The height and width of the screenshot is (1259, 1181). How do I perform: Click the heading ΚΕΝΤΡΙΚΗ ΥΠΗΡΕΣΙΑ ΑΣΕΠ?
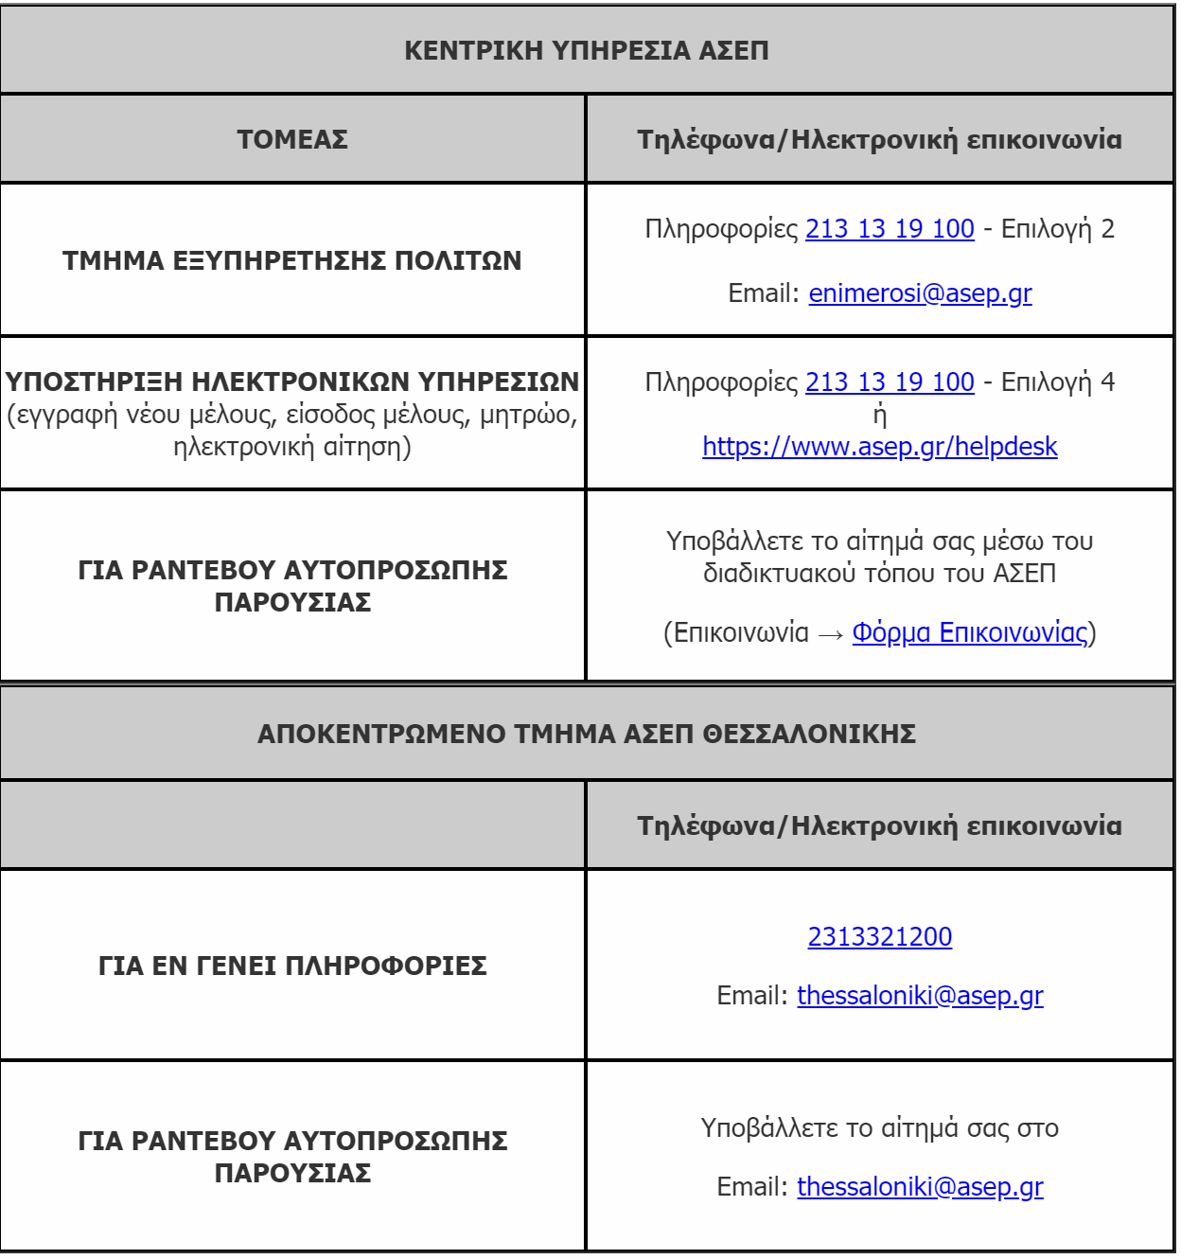(x=586, y=50)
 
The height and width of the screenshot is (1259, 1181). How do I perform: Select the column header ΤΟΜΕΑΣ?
(x=292, y=139)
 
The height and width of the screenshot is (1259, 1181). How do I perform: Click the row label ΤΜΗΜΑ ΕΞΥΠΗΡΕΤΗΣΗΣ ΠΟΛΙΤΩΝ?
(x=292, y=260)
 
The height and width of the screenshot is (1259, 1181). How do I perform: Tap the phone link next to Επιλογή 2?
(x=890, y=229)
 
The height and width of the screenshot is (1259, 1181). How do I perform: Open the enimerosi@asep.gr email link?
(x=920, y=293)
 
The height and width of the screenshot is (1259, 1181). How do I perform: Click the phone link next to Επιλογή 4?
(x=890, y=382)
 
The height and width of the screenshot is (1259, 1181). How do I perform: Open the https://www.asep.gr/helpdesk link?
(x=879, y=447)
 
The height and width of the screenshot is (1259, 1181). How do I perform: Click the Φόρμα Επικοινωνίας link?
(x=970, y=632)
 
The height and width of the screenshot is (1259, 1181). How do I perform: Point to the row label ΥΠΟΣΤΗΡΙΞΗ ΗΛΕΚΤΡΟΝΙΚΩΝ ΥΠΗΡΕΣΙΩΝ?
(x=292, y=381)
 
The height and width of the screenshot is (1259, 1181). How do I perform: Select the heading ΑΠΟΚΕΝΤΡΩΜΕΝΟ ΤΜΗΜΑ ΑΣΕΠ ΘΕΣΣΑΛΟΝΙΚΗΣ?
(x=586, y=734)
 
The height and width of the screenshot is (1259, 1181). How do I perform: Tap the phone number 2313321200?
(x=879, y=937)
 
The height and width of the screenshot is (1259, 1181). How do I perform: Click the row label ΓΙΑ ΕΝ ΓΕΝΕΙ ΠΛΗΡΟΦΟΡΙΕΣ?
(x=292, y=966)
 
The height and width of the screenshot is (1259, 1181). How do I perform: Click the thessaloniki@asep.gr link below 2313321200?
(x=920, y=996)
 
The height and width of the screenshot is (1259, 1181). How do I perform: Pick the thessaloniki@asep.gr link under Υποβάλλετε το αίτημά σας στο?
(x=920, y=1187)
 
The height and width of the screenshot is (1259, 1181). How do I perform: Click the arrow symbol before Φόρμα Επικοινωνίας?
(x=830, y=634)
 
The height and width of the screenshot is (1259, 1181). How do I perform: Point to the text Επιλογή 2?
(x=1058, y=229)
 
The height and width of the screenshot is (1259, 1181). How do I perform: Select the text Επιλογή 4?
(x=1058, y=382)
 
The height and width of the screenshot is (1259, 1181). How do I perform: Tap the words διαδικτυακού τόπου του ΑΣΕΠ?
(x=879, y=574)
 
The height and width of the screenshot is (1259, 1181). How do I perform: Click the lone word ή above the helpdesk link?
(x=879, y=415)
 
